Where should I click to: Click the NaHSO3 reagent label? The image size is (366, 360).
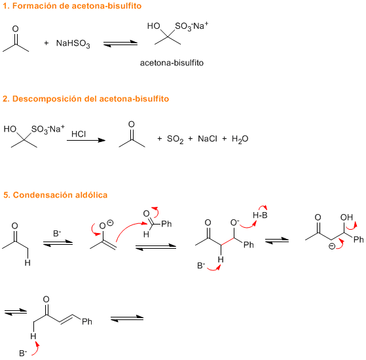[x=73, y=44]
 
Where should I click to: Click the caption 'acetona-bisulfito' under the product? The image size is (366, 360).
[x=172, y=63]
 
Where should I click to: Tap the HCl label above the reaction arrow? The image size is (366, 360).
[x=79, y=134]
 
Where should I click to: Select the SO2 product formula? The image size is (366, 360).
[x=175, y=139]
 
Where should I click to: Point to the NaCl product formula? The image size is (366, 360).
[x=208, y=139]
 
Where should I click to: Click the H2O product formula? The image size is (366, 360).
[x=240, y=139]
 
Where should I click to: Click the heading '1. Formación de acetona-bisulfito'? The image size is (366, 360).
[x=72, y=6]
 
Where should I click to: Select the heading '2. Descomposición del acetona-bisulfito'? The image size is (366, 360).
[x=86, y=99]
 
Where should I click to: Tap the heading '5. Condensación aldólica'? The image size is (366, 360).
[x=55, y=195]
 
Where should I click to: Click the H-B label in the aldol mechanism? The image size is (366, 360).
[x=260, y=215]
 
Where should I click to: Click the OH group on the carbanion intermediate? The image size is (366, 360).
[x=346, y=217]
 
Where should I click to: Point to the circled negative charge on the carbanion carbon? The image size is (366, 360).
[x=332, y=246]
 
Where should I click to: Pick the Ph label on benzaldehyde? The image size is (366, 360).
[x=166, y=224]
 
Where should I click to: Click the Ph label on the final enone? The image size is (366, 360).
[x=87, y=322]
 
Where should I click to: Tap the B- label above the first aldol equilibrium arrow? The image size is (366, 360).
[x=57, y=233]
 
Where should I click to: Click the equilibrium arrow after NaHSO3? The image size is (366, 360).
[x=120, y=43]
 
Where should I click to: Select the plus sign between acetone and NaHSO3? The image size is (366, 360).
[x=46, y=43]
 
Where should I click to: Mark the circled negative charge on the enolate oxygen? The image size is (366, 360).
[x=110, y=223]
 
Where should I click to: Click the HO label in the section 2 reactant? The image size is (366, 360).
[x=10, y=129]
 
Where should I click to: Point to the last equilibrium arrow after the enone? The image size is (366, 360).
[x=127, y=319]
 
